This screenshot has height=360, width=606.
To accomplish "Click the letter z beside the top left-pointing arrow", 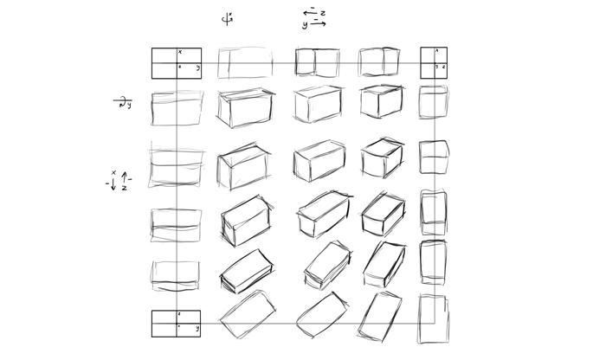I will click(323, 14).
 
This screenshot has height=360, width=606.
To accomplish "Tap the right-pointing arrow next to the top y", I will click(318, 24).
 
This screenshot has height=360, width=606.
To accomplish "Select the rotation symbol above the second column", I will click(228, 18).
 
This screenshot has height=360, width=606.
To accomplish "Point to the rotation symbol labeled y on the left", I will click(122, 104).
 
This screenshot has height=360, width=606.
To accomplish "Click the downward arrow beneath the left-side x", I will click(113, 184).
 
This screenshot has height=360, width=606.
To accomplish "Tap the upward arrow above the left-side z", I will click(124, 177).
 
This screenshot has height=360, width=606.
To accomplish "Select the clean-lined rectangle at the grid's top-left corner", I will click(177, 63).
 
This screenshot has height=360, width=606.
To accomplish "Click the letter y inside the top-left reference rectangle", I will click(197, 67).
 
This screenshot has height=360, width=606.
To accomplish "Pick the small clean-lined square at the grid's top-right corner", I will click(434, 63).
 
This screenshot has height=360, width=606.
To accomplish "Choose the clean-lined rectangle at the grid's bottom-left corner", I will click(177, 324).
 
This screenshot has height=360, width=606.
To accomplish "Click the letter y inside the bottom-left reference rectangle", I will click(197, 329).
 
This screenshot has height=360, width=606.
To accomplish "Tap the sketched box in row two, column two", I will click(245, 106).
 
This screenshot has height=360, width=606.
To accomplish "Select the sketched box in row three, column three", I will click(319, 160).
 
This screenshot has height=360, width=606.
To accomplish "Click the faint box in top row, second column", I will click(245, 62).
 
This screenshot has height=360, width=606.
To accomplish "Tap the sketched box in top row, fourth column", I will click(379, 61).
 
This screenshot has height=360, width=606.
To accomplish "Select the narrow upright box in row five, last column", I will click(434, 262).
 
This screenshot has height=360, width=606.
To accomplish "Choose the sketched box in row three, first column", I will click(176, 164).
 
